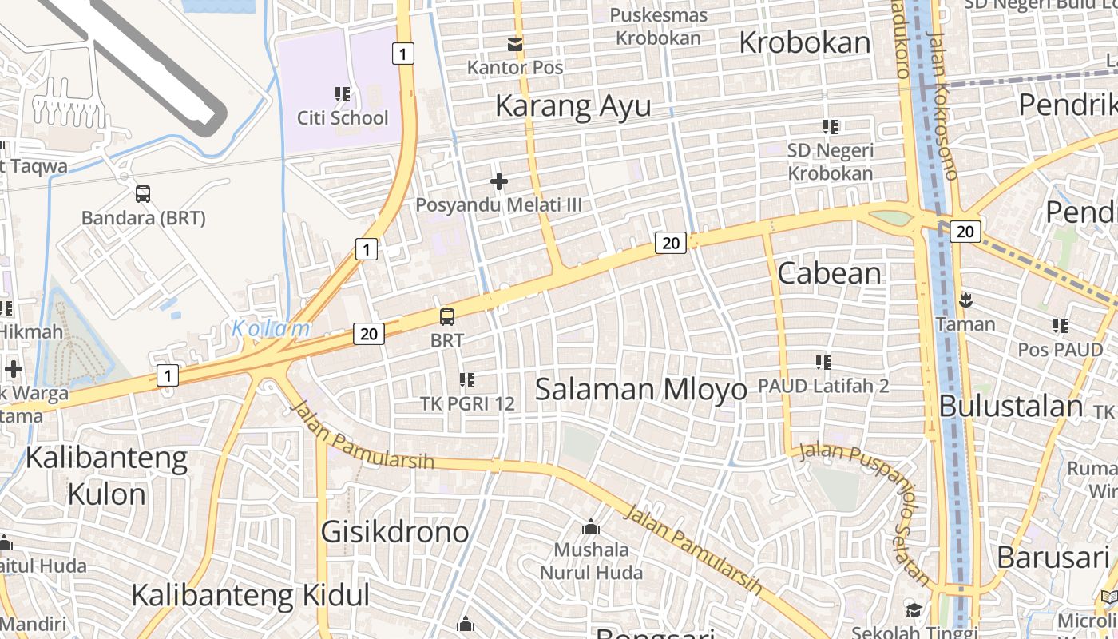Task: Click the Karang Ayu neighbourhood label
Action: [573, 105]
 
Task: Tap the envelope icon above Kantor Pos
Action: [516, 45]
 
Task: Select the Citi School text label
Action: [343, 118]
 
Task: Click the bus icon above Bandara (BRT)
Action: [143, 193]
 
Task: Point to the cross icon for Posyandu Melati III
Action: [499, 182]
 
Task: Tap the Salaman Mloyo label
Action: [640, 390]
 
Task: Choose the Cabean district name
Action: [829, 273]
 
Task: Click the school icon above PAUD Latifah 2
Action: [823, 363]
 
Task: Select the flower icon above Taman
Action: [965, 301]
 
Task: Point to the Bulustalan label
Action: [1010, 407]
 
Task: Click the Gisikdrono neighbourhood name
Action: [394, 532]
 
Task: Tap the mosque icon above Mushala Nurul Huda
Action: [591, 526]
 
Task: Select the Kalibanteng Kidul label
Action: [250, 596]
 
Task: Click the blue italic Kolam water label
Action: [271, 328]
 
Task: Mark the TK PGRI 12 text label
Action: [467, 403]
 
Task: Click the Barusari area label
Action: [1053, 558]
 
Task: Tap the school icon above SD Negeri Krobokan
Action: [831, 126]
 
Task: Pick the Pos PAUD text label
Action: [1060, 350]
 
